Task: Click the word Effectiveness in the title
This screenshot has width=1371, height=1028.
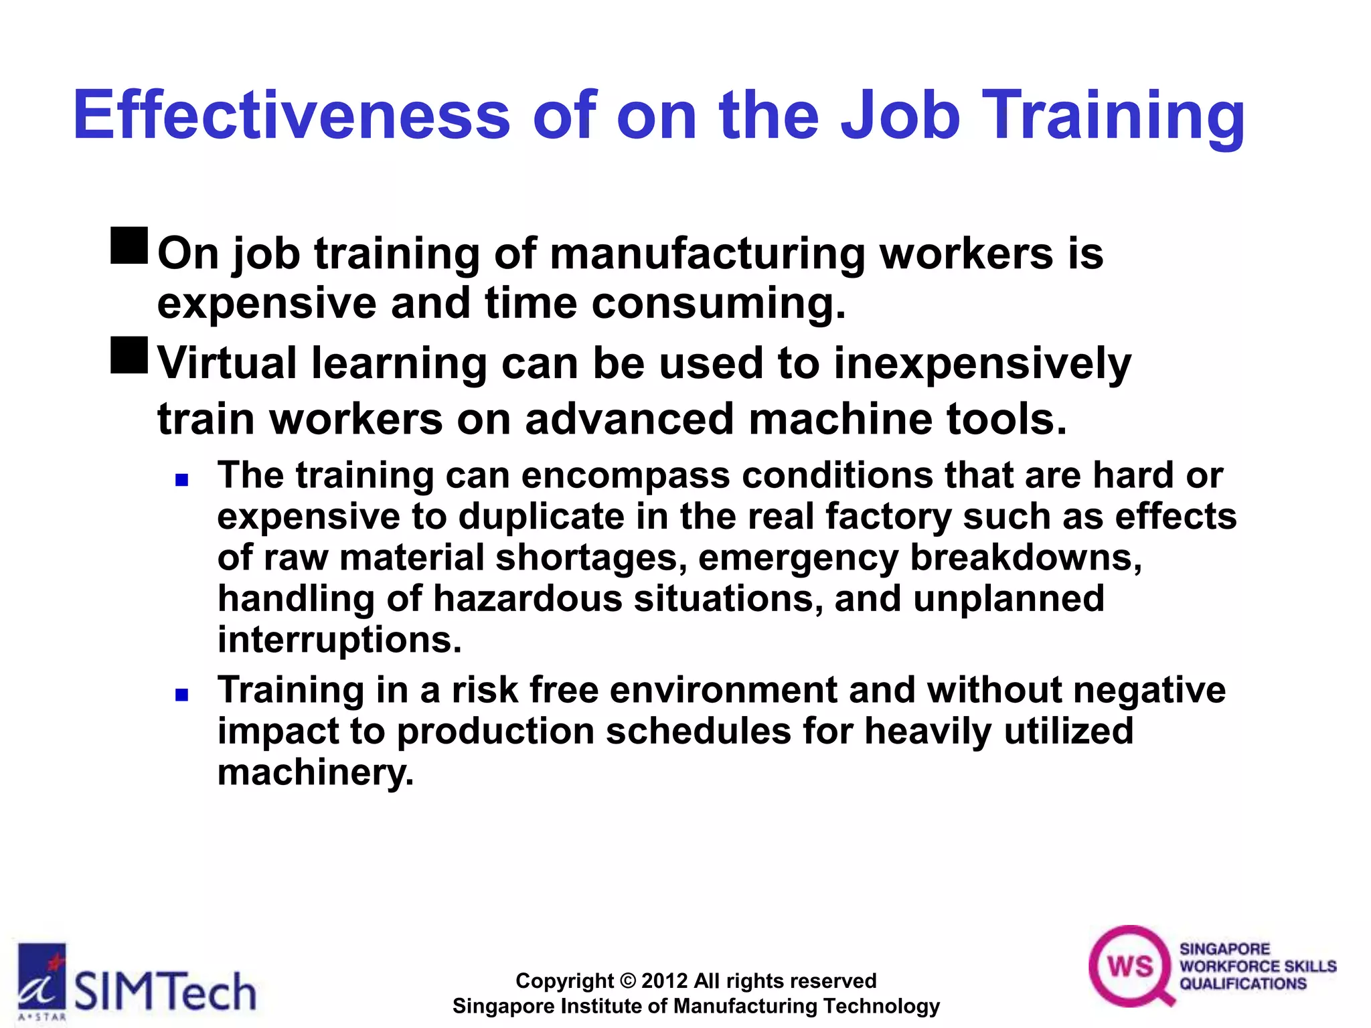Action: pyautogui.click(x=292, y=115)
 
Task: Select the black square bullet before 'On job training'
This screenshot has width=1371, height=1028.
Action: pyautogui.click(x=129, y=246)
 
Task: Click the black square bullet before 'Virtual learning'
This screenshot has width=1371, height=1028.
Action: pyautogui.click(x=129, y=355)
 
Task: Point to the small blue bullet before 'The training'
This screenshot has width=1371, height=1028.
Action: pyautogui.click(x=181, y=479)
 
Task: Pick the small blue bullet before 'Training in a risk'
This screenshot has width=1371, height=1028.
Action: pyautogui.click(x=181, y=695)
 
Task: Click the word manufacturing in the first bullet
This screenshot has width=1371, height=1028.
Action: pyautogui.click(x=708, y=254)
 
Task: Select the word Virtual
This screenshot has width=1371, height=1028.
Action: pyautogui.click(x=227, y=363)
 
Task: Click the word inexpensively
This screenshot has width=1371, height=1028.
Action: pyautogui.click(x=982, y=365)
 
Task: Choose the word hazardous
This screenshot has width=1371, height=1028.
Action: pyautogui.click(x=528, y=598)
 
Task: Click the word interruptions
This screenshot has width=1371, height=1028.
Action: pyautogui.click(x=339, y=640)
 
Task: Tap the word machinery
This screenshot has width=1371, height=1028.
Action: pyautogui.click(x=315, y=772)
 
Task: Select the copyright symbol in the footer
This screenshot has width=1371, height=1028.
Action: pyautogui.click(x=627, y=981)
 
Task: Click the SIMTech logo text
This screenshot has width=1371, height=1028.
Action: pyautogui.click(x=165, y=991)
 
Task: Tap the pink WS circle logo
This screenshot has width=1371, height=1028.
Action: pyautogui.click(x=1130, y=966)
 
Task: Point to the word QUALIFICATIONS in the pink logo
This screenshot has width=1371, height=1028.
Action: pyautogui.click(x=1243, y=984)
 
